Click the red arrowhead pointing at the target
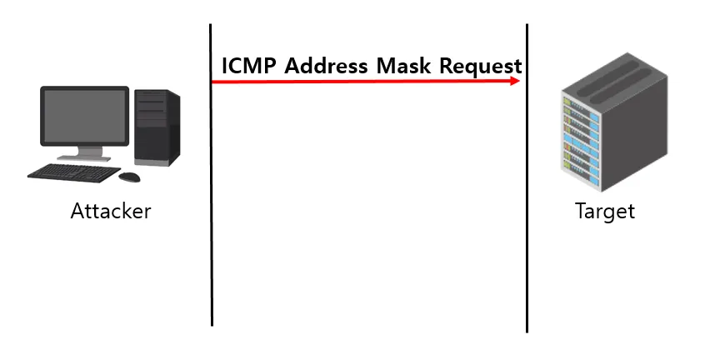tap(515, 81)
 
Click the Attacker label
tap(111, 211)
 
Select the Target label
tap(605, 211)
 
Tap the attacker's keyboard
tap(73, 172)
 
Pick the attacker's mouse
tap(129, 177)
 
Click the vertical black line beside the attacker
tap(212, 208)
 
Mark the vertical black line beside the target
tap(527, 208)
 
